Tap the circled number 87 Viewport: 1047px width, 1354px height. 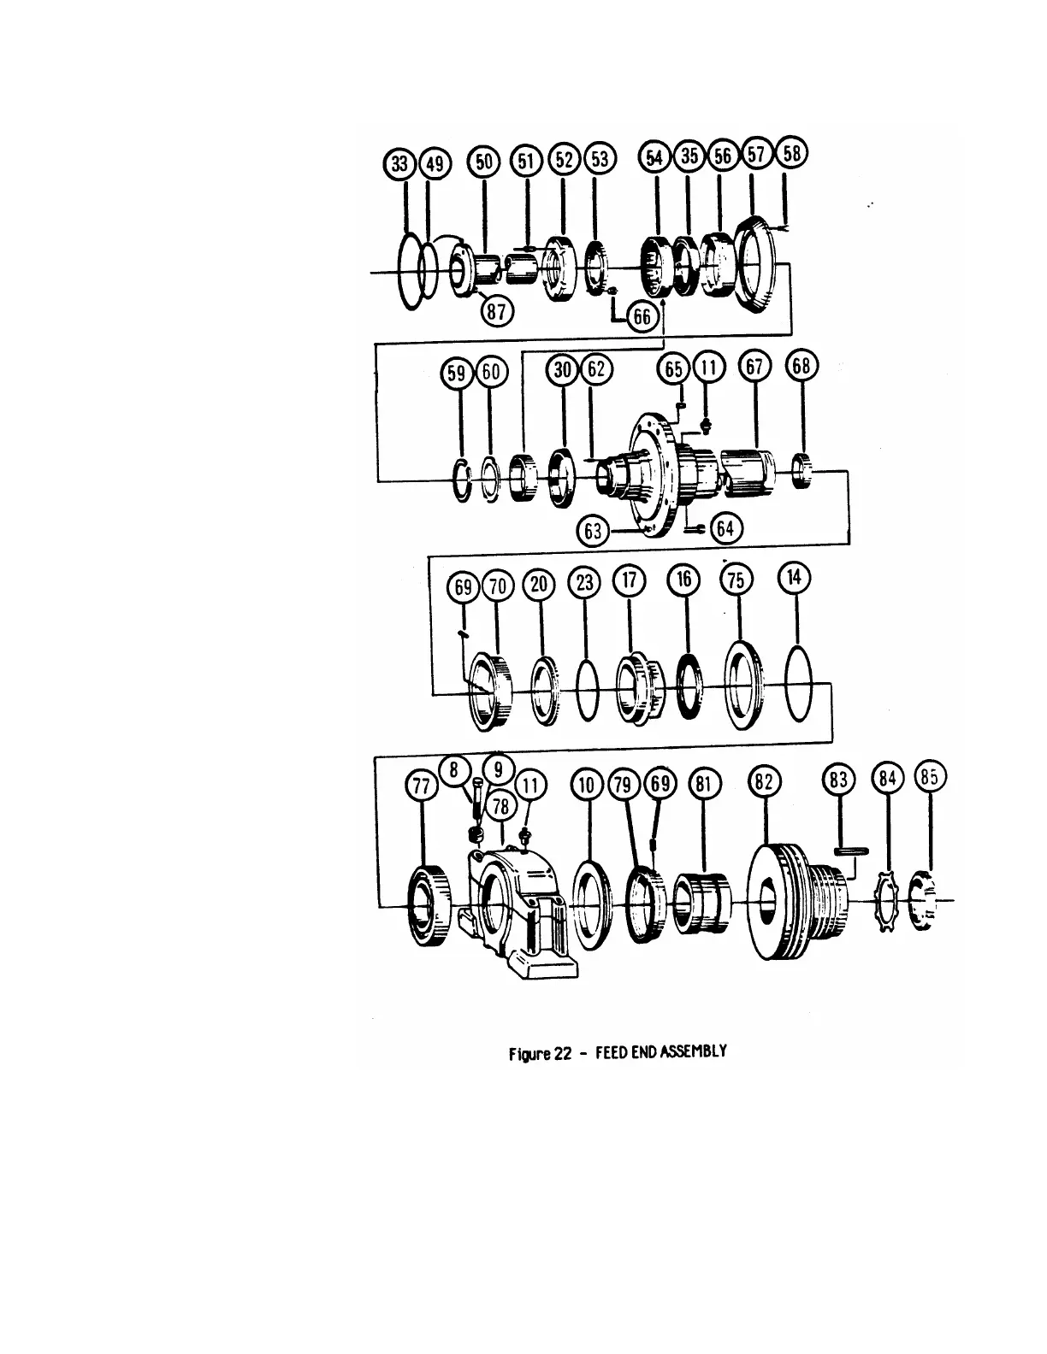click(x=495, y=309)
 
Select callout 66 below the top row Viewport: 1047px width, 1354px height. click(x=641, y=317)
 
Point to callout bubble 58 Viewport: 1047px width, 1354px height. click(x=792, y=155)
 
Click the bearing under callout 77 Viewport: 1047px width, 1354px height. click(x=425, y=906)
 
